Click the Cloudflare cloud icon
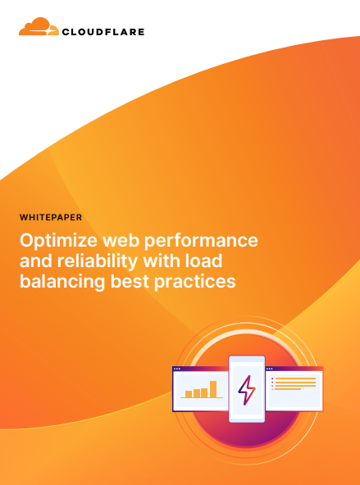point(39,26)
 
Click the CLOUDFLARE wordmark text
point(103,32)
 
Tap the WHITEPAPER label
point(51,217)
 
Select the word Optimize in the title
point(58,241)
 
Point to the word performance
point(201,241)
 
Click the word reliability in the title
point(98,261)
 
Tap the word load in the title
point(203,261)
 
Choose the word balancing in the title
point(62,282)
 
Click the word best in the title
point(130,281)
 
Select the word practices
point(194,282)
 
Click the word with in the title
point(162,261)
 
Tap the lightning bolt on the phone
point(247,390)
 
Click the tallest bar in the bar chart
point(213,389)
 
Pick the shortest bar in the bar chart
point(189,394)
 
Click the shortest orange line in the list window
point(288,389)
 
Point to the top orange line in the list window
point(295,378)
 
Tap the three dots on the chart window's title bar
point(177,369)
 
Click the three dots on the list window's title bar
point(270,369)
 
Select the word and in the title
point(36,261)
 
